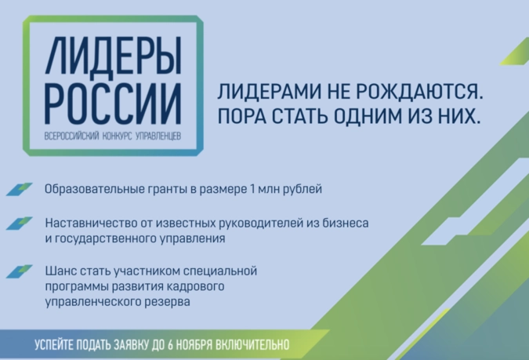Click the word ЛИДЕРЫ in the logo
[x=114, y=56]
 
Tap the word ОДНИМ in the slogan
[x=368, y=116]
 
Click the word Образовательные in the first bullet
[x=95, y=189]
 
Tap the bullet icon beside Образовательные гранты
[x=20, y=189]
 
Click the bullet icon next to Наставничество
[x=20, y=224]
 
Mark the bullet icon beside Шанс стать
[x=20, y=271]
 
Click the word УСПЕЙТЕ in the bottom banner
[x=53, y=345]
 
